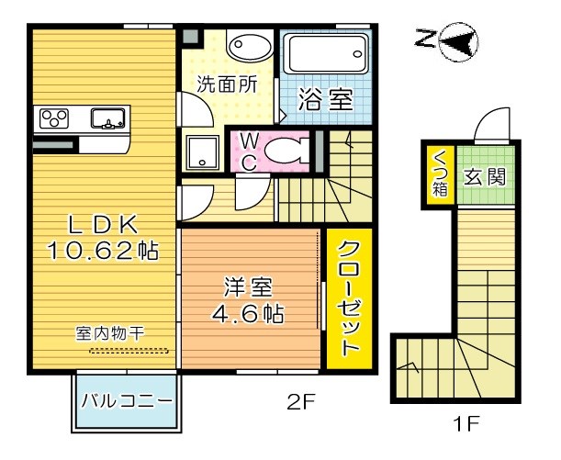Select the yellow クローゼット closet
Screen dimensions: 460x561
348,297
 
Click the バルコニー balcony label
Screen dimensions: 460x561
126,401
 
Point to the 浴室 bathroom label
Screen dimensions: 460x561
329,99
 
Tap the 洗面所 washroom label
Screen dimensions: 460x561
226,84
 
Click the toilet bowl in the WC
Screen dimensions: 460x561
293,151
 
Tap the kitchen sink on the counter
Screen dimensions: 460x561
108,118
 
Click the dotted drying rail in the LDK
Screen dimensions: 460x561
129,350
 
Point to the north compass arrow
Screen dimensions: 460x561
457,39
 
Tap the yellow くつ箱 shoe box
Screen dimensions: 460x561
439,174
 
